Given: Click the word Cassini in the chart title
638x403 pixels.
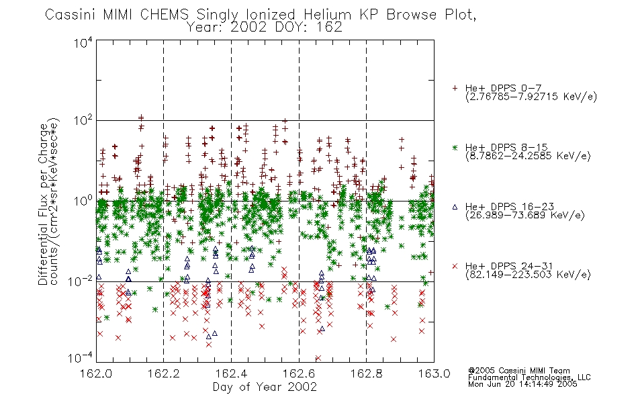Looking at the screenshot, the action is coord(70,15).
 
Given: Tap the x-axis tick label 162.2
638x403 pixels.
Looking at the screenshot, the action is coord(164,373).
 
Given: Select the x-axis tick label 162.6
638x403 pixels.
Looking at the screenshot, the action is coord(299,373).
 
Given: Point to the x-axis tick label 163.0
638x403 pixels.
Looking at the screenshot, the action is coord(434,373).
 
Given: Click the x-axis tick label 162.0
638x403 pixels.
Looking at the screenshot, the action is coord(96,373).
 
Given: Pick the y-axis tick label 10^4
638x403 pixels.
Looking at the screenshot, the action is coord(83,42).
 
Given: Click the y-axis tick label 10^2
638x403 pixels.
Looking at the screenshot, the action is coord(83,121).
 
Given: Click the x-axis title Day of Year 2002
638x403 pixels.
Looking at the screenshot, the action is coord(265,387).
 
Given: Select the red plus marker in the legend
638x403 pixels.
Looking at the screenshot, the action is coord(455,88).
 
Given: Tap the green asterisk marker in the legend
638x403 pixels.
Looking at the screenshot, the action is coord(455,147).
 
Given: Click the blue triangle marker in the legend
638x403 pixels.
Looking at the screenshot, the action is coord(455,207).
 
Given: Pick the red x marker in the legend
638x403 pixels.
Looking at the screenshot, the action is coord(455,266).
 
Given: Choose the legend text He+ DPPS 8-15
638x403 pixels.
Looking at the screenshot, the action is coord(506,147).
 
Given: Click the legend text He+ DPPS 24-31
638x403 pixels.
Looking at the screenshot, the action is coord(509,266).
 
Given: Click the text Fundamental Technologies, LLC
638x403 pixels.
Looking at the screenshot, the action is coord(529,377).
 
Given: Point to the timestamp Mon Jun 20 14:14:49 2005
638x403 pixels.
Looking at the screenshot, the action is coord(522,384).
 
